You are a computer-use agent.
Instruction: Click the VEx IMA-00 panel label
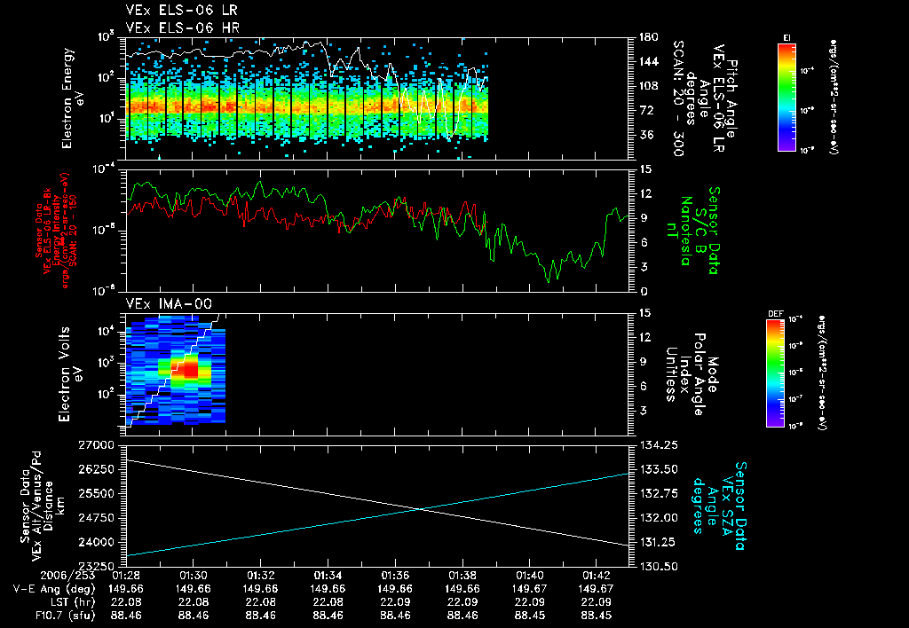(169, 303)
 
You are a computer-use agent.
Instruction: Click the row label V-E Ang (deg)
(53, 588)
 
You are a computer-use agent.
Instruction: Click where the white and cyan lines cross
(421, 508)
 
